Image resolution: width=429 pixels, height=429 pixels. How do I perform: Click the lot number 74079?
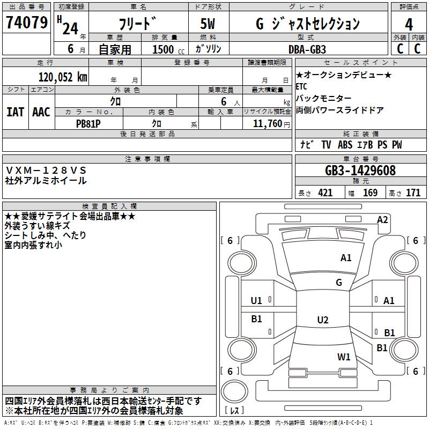click(x=26, y=23)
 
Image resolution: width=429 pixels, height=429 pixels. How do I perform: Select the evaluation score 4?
click(x=409, y=24)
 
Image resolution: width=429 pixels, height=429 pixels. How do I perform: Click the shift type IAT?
click(x=15, y=112)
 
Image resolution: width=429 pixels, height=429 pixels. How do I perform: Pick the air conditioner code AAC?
click(x=41, y=112)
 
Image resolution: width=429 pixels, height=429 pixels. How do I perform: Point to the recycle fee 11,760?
click(x=263, y=123)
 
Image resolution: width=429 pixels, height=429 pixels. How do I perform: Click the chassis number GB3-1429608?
click(x=360, y=171)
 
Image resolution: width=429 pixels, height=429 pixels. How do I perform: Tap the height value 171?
click(x=413, y=193)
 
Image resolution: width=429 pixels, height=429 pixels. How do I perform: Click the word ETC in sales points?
click(x=301, y=86)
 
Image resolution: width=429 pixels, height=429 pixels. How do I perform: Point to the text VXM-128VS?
click(x=46, y=170)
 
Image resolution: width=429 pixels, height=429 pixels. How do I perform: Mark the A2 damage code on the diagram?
click(x=382, y=219)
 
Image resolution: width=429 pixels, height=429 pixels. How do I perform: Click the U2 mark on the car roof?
click(x=322, y=320)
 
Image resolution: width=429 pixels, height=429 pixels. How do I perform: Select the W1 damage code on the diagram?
click(x=344, y=357)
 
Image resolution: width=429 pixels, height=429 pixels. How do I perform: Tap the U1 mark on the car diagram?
click(x=257, y=300)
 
